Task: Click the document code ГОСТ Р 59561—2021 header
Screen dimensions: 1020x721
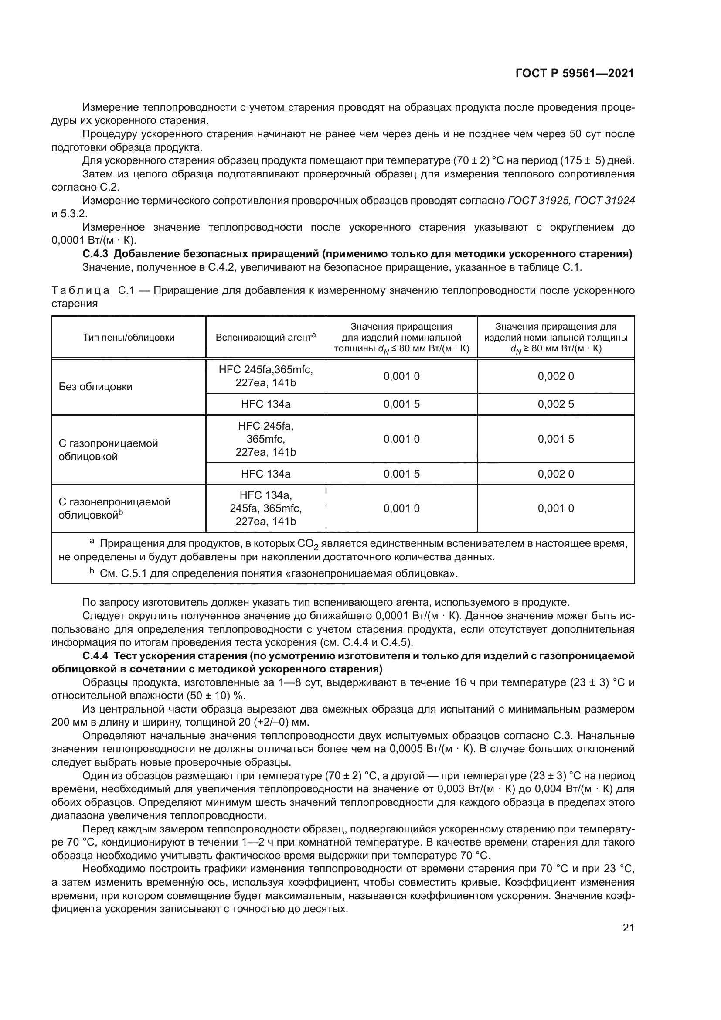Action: click(x=575, y=74)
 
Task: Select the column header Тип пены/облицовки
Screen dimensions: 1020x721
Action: click(x=129, y=337)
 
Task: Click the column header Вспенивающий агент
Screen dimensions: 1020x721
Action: click(x=265, y=337)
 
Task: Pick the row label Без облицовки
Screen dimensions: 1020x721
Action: click(x=95, y=387)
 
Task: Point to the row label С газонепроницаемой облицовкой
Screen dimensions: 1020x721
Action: click(x=115, y=508)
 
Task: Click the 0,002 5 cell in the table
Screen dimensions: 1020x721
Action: click(x=555, y=404)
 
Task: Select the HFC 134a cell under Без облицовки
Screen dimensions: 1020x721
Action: click(x=265, y=404)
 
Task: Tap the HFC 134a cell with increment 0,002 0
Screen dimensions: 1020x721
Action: click(x=265, y=474)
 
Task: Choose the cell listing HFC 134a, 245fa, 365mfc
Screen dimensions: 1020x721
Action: click(x=265, y=508)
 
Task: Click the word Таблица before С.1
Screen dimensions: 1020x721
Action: click(x=80, y=291)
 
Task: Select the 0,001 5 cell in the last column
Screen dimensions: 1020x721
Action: click(x=555, y=440)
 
